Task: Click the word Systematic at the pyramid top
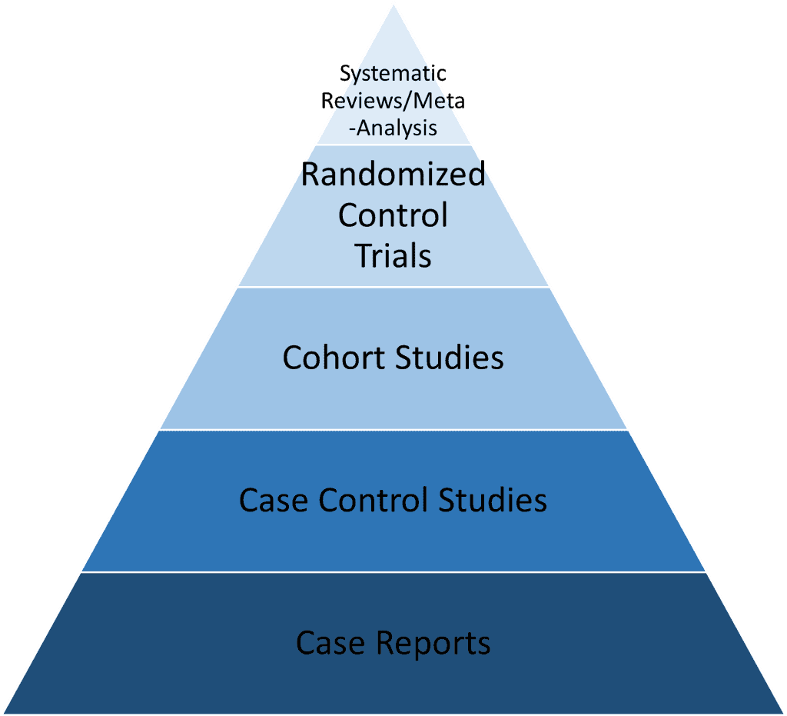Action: point(393,75)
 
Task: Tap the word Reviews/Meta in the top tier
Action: point(393,101)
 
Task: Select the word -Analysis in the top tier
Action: point(393,127)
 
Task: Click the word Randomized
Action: point(393,175)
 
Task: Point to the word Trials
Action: point(393,255)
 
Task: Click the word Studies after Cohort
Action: point(450,358)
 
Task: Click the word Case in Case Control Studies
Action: point(274,500)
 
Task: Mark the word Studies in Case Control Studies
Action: point(493,500)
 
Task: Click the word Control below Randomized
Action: point(393,215)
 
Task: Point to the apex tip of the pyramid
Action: point(393,4)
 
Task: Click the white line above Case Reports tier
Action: point(393,572)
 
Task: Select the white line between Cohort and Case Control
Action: point(393,429)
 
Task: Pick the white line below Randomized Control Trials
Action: point(393,287)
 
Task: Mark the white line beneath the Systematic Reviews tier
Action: point(393,144)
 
